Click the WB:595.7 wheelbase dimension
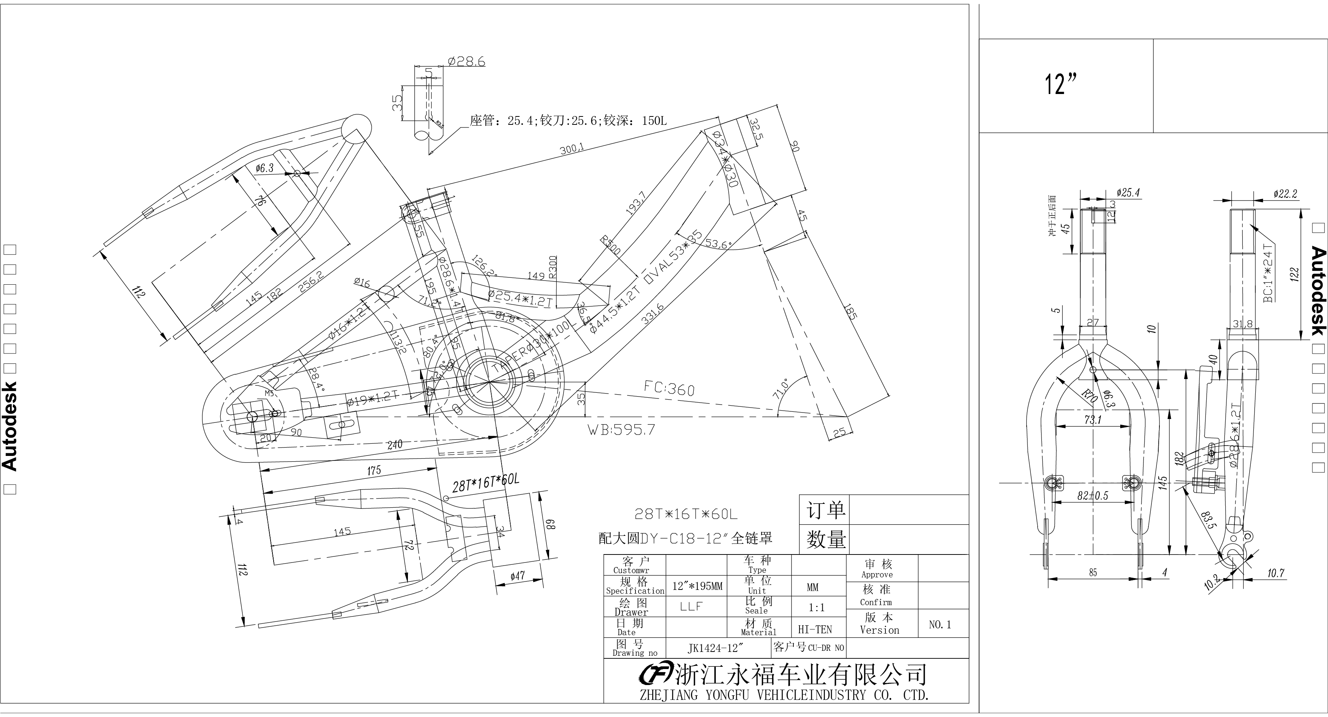tap(621, 429)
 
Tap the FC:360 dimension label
tap(669, 388)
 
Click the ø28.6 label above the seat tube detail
tap(467, 62)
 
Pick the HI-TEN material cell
tap(815, 629)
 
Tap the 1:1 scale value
tap(816, 608)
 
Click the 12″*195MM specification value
tap(697, 586)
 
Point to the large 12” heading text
tap(1061, 84)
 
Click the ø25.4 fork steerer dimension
tap(1127, 193)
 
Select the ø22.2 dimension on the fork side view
tap(1284, 194)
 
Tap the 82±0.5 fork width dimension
tap(1092, 496)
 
